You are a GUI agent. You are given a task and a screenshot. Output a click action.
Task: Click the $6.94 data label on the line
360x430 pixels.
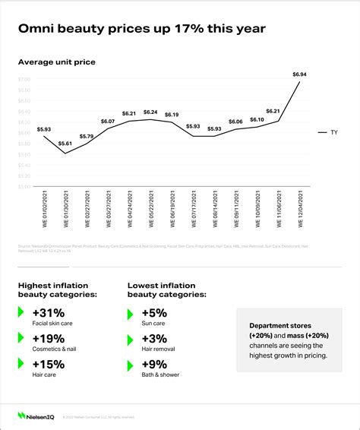300,74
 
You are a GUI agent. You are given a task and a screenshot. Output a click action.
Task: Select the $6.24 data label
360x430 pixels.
150,112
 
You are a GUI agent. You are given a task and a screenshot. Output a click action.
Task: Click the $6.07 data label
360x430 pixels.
107,122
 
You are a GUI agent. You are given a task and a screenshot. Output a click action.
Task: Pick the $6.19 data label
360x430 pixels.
172,114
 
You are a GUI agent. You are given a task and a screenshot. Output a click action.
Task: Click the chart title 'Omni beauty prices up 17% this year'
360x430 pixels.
141,29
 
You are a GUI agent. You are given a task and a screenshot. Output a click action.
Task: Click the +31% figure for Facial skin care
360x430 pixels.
49,311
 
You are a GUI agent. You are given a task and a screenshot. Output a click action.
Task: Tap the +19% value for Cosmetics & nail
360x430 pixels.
49,338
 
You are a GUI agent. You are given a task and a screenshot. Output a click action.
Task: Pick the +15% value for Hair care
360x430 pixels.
49,365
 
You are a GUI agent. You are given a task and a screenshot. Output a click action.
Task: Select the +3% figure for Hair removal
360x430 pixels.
156,338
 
